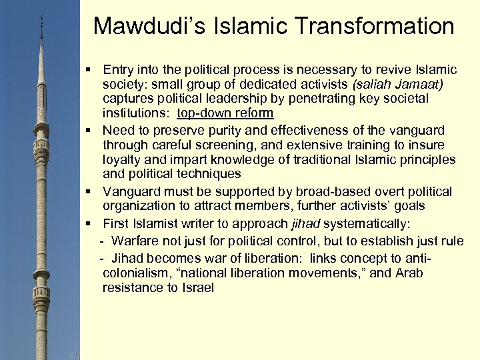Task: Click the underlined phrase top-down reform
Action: pos(225,114)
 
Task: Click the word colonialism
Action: pos(134,273)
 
